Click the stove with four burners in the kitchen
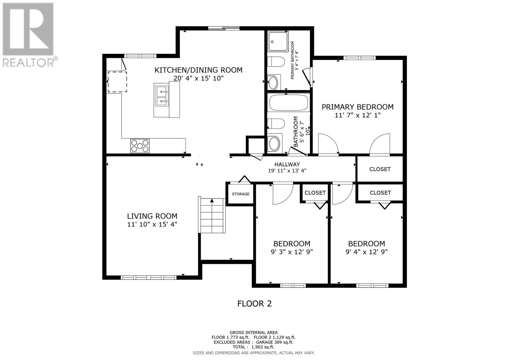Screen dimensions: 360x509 pyautogui.click(x=140, y=146)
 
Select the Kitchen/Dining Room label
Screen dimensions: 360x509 pyautogui.click(x=198, y=70)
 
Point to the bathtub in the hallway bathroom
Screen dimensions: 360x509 pyautogui.click(x=289, y=102)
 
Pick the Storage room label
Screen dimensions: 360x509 pyautogui.click(x=241, y=194)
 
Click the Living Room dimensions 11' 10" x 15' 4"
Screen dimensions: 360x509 pyautogui.click(x=152, y=224)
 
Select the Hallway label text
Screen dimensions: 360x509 pyautogui.click(x=287, y=164)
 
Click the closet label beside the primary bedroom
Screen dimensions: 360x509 pyautogui.click(x=380, y=169)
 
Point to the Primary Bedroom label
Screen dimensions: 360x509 pyautogui.click(x=357, y=107)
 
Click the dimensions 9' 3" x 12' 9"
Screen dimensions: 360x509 pyautogui.click(x=292, y=252)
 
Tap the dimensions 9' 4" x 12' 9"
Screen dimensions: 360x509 pyautogui.click(x=366, y=252)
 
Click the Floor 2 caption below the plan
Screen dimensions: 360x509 pyautogui.click(x=254, y=303)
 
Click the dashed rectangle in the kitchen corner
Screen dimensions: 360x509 pyautogui.click(x=117, y=82)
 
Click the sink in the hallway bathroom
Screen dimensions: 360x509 pyautogui.click(x=274, y=144)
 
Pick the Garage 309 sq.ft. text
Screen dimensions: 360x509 pyautogui.click(x=276, y=342)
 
